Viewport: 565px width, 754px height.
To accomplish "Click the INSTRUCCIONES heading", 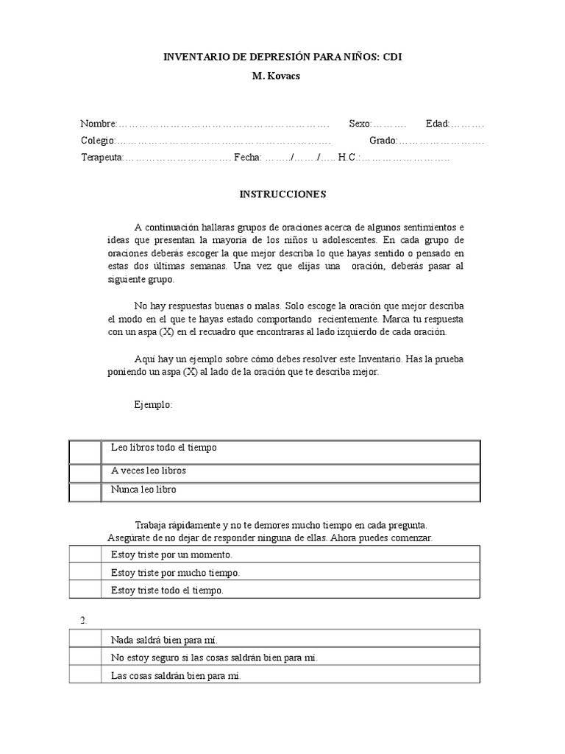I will pos(282,195).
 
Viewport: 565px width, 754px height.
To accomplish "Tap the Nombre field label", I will pos(99,123).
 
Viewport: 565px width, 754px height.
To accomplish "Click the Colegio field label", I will pos(98,140).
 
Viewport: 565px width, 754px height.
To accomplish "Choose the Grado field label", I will pos(383,140).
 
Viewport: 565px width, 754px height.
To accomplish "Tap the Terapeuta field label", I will pos(102,158).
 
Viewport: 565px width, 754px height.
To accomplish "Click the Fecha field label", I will pos(247,158).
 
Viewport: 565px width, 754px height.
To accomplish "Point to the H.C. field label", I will pos(348,158).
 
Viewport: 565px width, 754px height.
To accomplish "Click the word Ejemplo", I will pos(153,405).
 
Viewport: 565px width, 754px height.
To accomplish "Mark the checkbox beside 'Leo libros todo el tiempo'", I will pos(85,451).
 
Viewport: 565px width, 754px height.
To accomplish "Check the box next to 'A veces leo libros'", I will pos(85,472).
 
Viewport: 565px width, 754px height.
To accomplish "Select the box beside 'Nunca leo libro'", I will pos(85,491).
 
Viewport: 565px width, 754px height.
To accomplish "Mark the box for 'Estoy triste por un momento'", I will pos(85,554).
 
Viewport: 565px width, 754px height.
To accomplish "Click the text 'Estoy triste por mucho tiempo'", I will pos(175,572).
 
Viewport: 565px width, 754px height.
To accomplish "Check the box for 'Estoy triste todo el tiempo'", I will pos(85,590).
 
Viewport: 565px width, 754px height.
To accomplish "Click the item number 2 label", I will pos(84,620).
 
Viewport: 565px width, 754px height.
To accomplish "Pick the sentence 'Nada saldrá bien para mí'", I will pos(164,639).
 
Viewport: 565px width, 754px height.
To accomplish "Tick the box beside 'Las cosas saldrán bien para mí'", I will pos(85,675).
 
